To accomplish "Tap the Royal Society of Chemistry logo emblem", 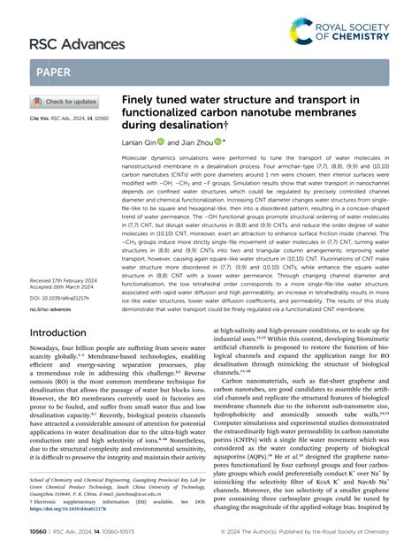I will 301,34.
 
